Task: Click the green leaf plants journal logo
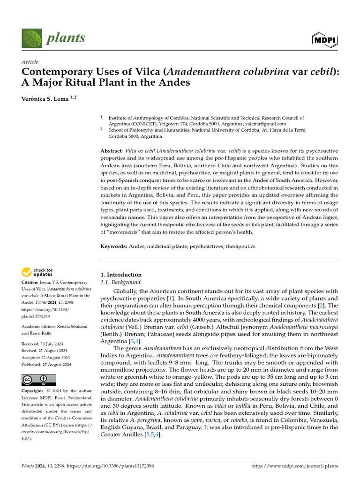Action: pos(31,37)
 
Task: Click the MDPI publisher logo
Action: pos(324,40)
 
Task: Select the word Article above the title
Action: pos(30,62)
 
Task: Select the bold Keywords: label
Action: pos(114,246)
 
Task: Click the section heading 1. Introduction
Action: pos(121,275)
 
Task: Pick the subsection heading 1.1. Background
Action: pos(120,282)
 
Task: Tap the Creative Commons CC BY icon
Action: pos(38,380)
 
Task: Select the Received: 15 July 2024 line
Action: pos(43,344)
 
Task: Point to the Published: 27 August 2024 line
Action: pos(46,364)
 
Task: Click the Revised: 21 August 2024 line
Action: pos(45,351)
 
